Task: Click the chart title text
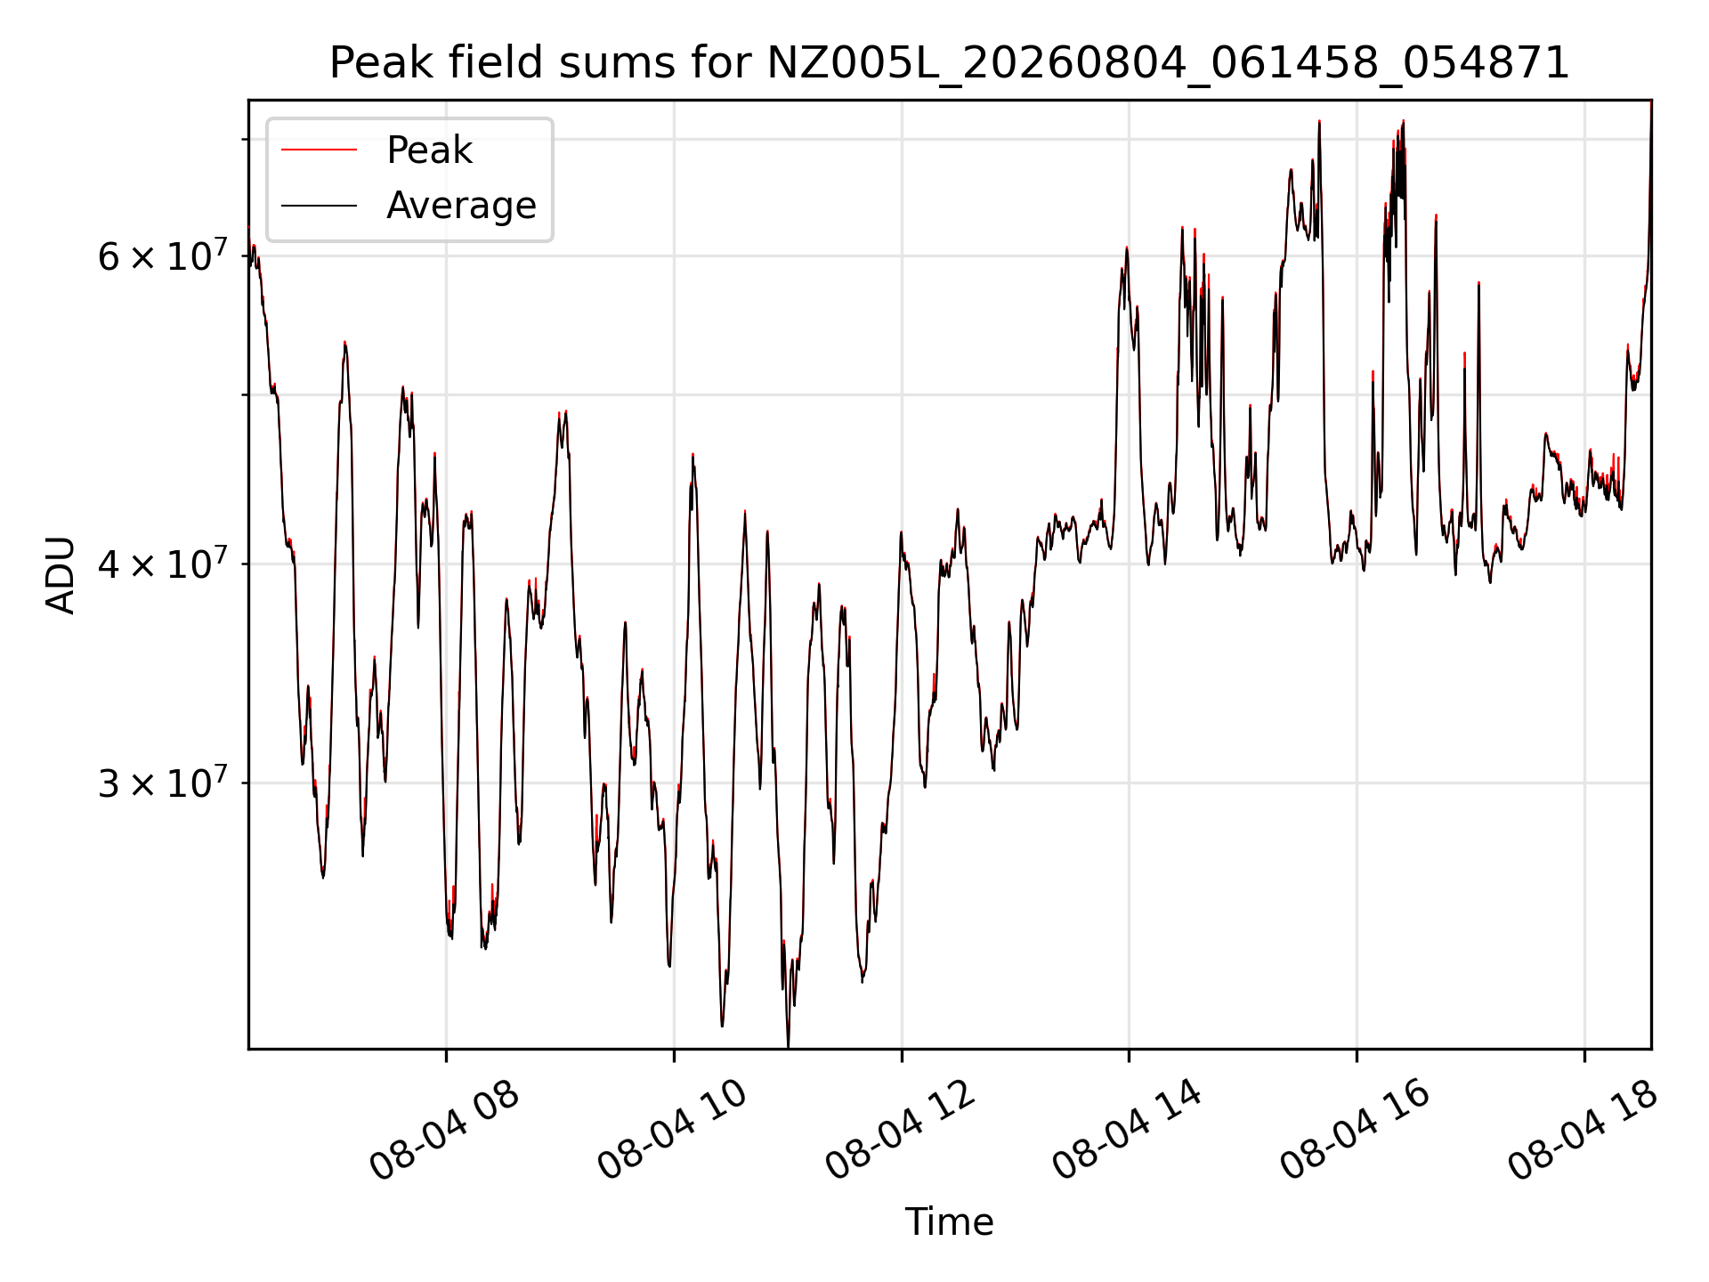(949, 63)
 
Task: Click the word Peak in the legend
(429, 150)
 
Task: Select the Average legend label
(461, 206)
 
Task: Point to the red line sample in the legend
(319, 150)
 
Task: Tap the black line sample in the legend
(319, 206)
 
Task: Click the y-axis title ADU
(61, 574)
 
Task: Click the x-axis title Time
(949, 1221)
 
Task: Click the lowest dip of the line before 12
(788, 1046)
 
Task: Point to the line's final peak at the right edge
(1651, 101)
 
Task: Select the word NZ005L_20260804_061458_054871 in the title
(1168, 63)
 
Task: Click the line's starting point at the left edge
(249, 233)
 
